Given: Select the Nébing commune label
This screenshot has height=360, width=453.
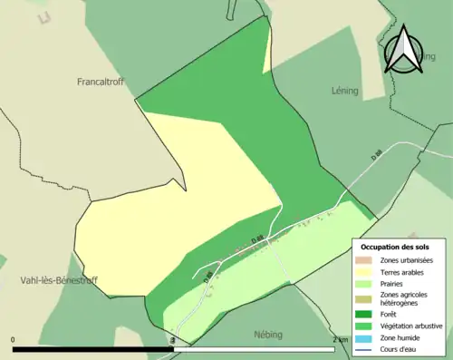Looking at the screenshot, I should [269, 334].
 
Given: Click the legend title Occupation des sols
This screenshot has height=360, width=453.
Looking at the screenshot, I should [395, 247].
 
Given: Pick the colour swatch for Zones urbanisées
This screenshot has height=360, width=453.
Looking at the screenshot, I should [362, 261].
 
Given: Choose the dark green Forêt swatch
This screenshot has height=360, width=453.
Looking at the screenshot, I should [362, 316].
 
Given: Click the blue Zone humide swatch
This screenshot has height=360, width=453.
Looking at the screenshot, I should [362, 337].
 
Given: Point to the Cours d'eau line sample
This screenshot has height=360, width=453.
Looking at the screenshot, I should [362, 348].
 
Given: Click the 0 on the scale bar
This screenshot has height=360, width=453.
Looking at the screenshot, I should [13, 340].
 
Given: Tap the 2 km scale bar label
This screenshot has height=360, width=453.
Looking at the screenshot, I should [339, 340].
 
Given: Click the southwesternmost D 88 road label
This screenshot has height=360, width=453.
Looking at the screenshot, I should [207, 276].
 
